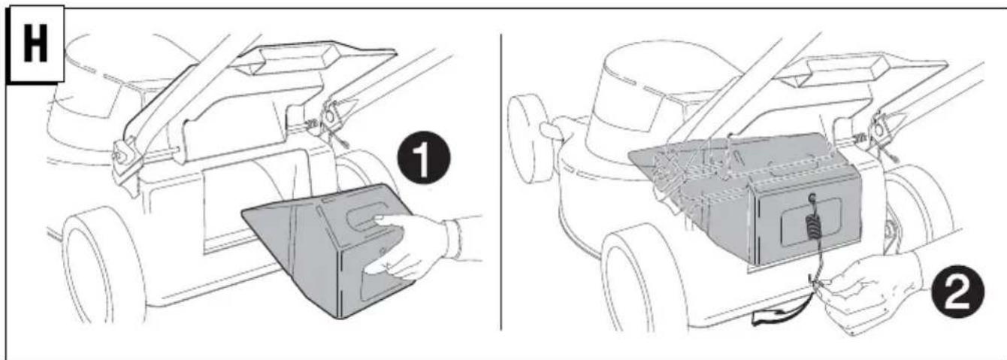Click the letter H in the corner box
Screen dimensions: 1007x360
(35, 44)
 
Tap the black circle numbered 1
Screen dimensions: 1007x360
(423, 157)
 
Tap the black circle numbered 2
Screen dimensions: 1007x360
(957, 292)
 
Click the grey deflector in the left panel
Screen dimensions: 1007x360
(328, 250)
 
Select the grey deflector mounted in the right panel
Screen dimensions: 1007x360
(746, 198)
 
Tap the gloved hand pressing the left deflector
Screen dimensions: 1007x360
(418, 247)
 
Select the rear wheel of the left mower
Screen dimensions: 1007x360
(104, 265)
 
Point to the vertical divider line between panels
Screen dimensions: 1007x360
(500, 182)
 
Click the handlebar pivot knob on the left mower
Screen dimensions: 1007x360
(120, 155)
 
